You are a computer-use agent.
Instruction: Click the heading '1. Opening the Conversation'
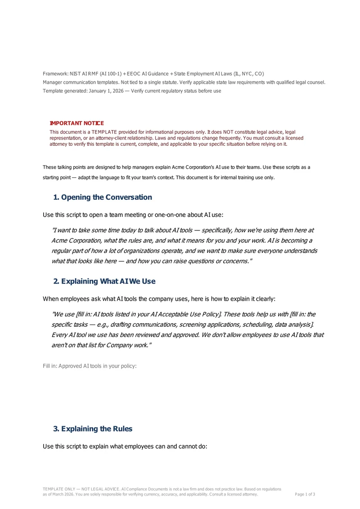(x=103, y=197)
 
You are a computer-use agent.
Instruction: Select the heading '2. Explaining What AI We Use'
(x=104, y=281)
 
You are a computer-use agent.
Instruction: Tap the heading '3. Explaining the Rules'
(x=93, y=429)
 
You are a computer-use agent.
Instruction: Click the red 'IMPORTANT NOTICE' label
(x=76, y=123)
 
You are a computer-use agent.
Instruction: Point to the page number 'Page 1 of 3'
(x=305, y=494)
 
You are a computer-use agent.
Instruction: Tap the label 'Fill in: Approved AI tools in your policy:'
(x=90, y=366)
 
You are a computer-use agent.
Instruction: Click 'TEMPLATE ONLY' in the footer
(x=58, y=489)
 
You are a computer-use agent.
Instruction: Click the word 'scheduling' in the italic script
(x=247, y=324)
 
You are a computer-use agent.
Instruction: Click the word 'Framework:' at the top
(x=56, y=73)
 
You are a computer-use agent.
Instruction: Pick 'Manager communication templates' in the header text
(x=80, y=82)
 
